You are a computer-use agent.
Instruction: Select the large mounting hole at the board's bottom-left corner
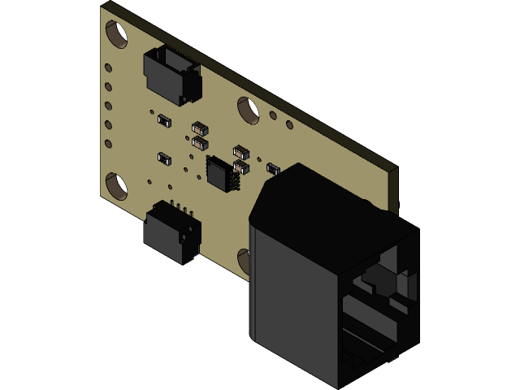[117, 186]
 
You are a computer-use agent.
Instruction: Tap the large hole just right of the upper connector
[248, 110]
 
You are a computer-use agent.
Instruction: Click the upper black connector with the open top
[172, 73]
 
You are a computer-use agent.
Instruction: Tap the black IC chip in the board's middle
[221, 173]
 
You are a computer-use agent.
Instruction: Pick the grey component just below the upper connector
[164, 120]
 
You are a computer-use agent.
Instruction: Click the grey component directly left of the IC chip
[164, 158]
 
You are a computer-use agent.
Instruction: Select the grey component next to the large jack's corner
[274, 169]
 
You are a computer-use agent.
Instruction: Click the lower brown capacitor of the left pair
[200, 142]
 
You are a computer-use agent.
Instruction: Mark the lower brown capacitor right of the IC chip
[241, 167]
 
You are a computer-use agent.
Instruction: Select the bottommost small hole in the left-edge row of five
[108, 144]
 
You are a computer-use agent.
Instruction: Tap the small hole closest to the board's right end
[289, 125]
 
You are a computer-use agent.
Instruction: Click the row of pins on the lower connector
[185, 210]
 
